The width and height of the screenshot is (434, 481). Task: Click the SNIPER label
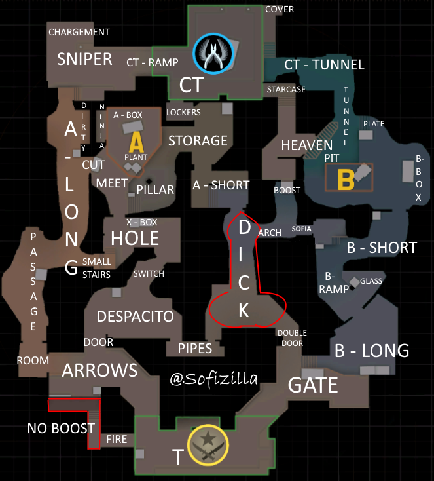pyautogui.click(x=84, y=59)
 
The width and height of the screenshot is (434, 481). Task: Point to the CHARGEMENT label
pyautogui.click(x=79, y=32)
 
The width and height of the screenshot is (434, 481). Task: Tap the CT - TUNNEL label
pyautogui.click(x=324, y=64)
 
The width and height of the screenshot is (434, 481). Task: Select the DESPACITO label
pyautogui.click(x=135, y=317)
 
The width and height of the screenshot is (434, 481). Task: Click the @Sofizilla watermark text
pyautogui.click(x=213, y=378)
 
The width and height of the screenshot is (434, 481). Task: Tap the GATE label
pyautogui.click(x=314, y=385)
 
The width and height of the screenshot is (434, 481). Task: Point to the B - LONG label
pyautogui.click(x=371, y=351)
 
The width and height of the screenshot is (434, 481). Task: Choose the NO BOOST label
pyautogui.click(x=61, y=429)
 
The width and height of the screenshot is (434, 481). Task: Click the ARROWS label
pyautogui.click(x=99, y=370)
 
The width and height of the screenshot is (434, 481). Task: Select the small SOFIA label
pyautogui.click(x=302, y=229)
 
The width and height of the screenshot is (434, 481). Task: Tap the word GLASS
pyautogui.click(x=371, y=281)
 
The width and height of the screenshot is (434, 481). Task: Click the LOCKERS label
pyautogui.click(x=183, y=112)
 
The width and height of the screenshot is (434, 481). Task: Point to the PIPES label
pyautogui.click(x=195, y=348)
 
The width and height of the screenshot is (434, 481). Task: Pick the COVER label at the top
pyautogui.click(x=280, y=9)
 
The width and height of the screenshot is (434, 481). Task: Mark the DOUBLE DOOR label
pyautogui.click(x=292, y=337)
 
